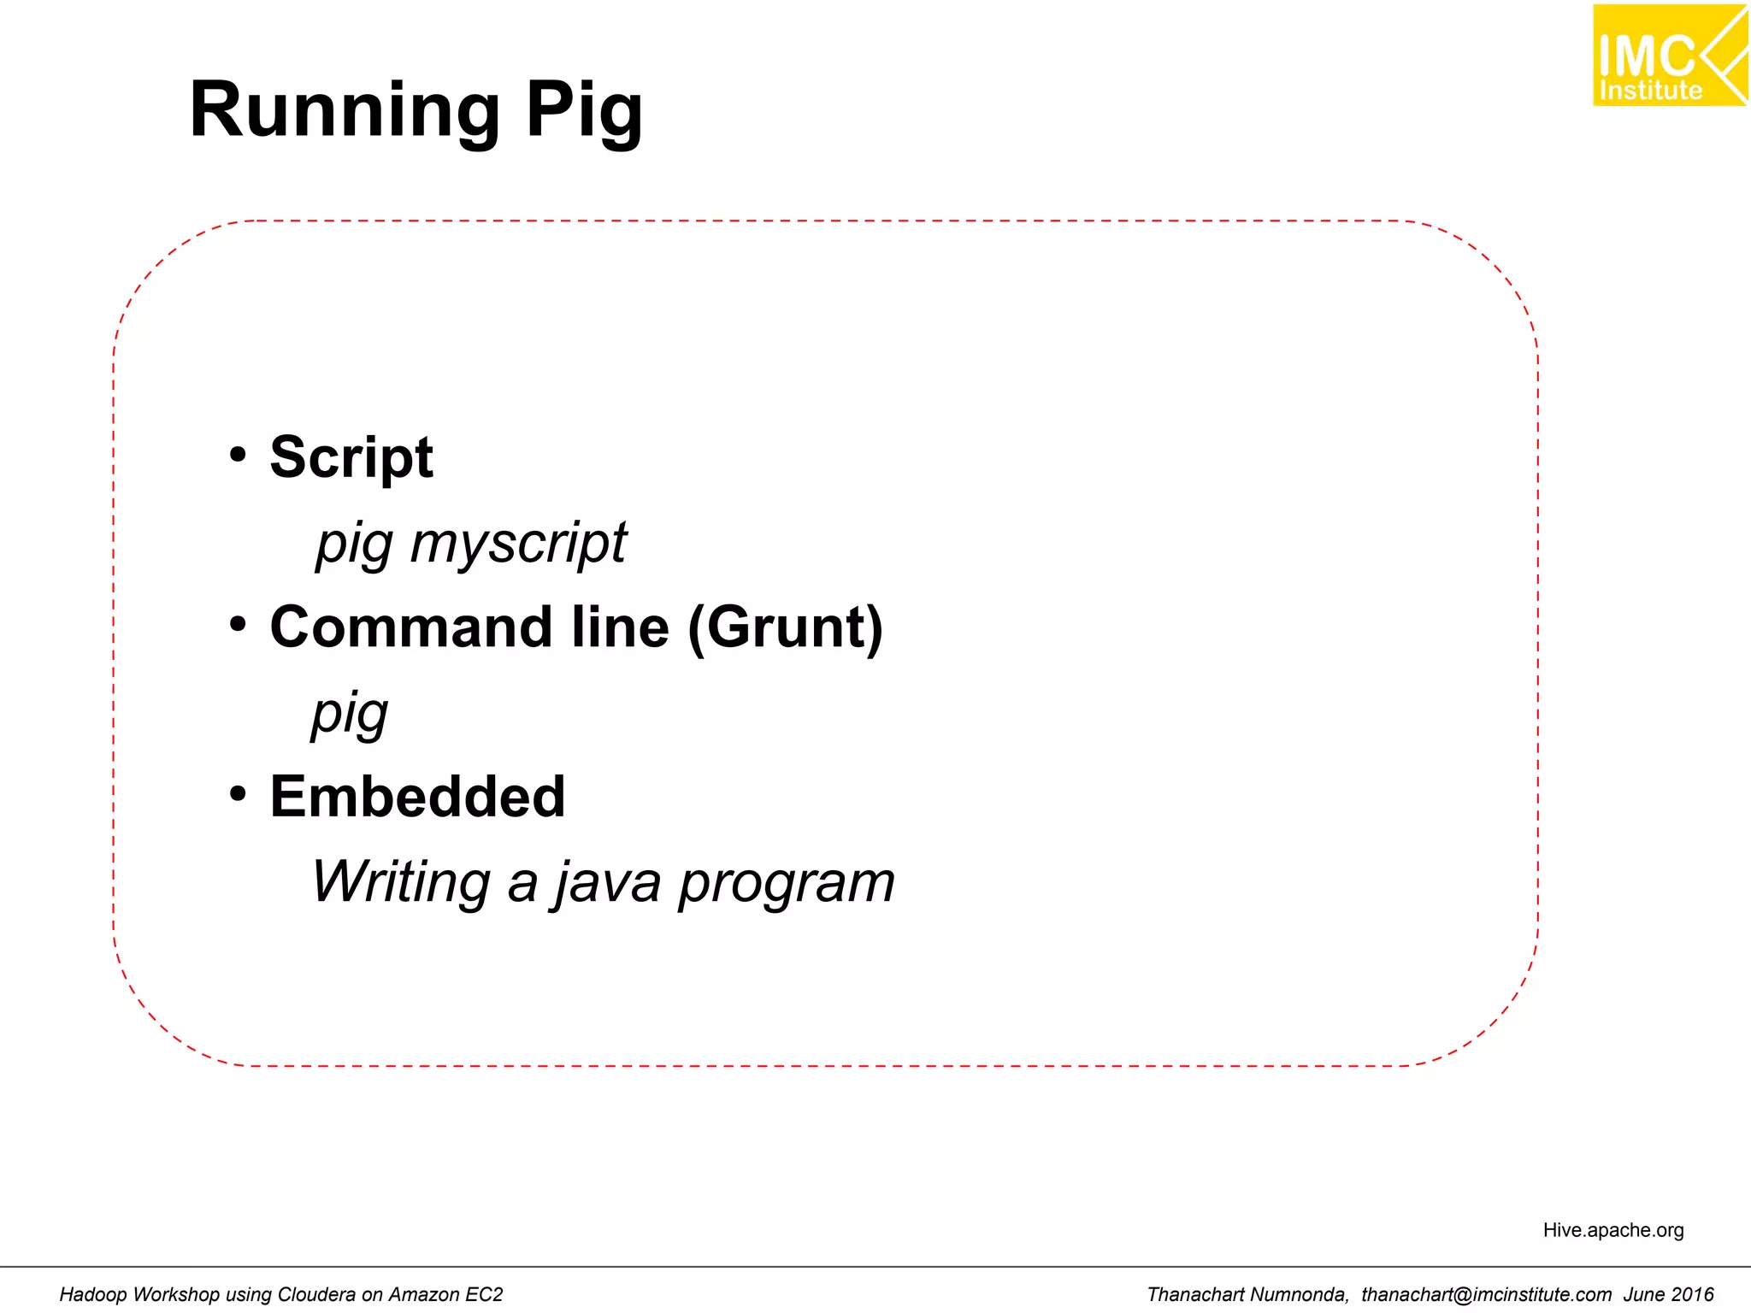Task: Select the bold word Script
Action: click(351, 457)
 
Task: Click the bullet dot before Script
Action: click(238, 454)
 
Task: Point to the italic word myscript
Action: click(518, 543)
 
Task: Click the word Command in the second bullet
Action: click(410, 627)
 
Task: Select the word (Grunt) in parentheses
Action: click(785, 627)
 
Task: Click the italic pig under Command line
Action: click(350, 714)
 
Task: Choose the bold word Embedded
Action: click(417, 797)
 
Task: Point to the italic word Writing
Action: click(400, 881)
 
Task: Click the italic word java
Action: click(608, 883)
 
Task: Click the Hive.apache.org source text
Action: click(1612, 1230)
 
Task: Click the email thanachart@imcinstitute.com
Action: click(1486, 1294)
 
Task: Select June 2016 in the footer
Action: click(1668, 1294)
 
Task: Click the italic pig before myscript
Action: click(354, 545)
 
